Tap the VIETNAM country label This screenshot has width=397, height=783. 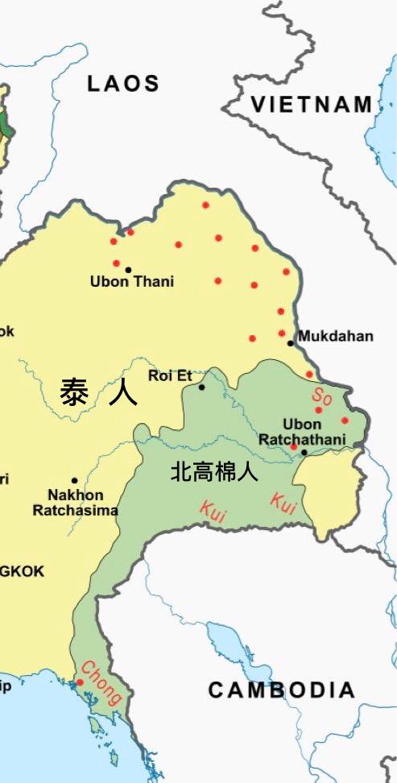[x=311, y=104]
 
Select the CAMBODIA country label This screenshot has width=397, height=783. [x=282, y=690]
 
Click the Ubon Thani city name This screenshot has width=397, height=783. [x=132, y=282]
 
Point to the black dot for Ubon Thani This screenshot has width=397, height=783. [x=128, y=269]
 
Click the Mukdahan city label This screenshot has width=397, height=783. [x=336, y=336]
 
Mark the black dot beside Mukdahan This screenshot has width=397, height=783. [x=291, y=343]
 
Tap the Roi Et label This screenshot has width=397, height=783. [x=170, y=375]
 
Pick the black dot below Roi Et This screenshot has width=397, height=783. [x=202, y=387]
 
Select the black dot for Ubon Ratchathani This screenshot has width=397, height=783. [x=304, y=452]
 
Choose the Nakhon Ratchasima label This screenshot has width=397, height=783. [x=75, y=502]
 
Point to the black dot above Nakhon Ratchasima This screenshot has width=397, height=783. [x=74, y=480]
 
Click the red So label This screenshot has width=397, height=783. [x=322, y=396]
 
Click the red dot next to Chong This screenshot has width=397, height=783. [x=80, y=682]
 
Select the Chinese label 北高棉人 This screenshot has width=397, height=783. [x=214, y=472]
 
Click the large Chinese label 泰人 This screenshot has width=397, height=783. [x=98, y=392]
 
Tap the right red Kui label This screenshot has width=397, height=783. [x=283, y=501]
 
